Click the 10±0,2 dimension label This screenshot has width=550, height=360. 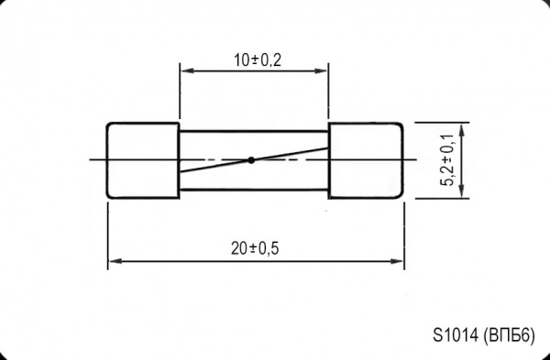[258, 60]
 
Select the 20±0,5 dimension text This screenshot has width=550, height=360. [255, 248]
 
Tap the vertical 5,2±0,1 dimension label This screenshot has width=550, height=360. [449, 159]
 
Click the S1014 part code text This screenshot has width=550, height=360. [456, 335]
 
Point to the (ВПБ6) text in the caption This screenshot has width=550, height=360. [509, 335]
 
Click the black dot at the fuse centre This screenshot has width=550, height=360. [251, 159]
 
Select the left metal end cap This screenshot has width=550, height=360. [143, 160]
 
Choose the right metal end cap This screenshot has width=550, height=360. [366, 160]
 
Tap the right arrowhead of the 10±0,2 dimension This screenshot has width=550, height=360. [321, 71]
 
